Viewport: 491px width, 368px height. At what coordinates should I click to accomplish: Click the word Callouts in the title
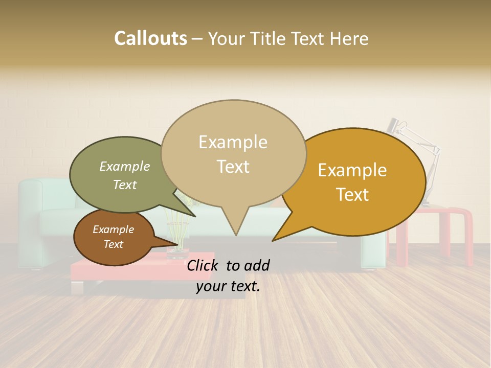[x=150, y=38]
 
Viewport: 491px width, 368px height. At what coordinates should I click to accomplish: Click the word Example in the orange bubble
[x=352, y=170]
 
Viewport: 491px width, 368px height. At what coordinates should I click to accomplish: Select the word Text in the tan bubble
[x=233, y=167]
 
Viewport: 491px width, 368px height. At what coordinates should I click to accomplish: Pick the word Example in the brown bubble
[x=113, y=229]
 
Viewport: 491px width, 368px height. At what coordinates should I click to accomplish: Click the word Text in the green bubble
[x=125, y=185]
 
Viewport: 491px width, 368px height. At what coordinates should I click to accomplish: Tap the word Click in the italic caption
[x=204, y=265]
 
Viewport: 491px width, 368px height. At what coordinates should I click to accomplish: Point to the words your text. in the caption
[x=228, y=286]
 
